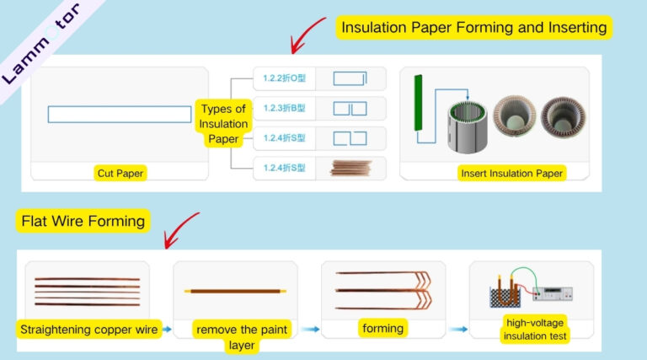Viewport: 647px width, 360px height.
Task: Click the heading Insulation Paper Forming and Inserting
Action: click(473, 27)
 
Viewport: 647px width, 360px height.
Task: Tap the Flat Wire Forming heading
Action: click(83, 222)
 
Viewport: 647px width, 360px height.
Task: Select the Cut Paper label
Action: click(120, 174)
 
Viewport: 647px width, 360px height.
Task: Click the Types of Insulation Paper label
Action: click(223, 123)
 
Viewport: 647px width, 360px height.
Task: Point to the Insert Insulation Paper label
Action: click(511, 174)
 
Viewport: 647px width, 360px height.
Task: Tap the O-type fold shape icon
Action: click(350, 78)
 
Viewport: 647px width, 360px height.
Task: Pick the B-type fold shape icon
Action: click(350, 109)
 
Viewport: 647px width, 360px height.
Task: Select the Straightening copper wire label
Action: click(89, 330)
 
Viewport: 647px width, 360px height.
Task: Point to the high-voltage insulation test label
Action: click(537, 330)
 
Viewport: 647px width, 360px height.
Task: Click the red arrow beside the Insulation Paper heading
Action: click(307, 34)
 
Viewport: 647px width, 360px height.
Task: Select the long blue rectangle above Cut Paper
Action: click(120, 115)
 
